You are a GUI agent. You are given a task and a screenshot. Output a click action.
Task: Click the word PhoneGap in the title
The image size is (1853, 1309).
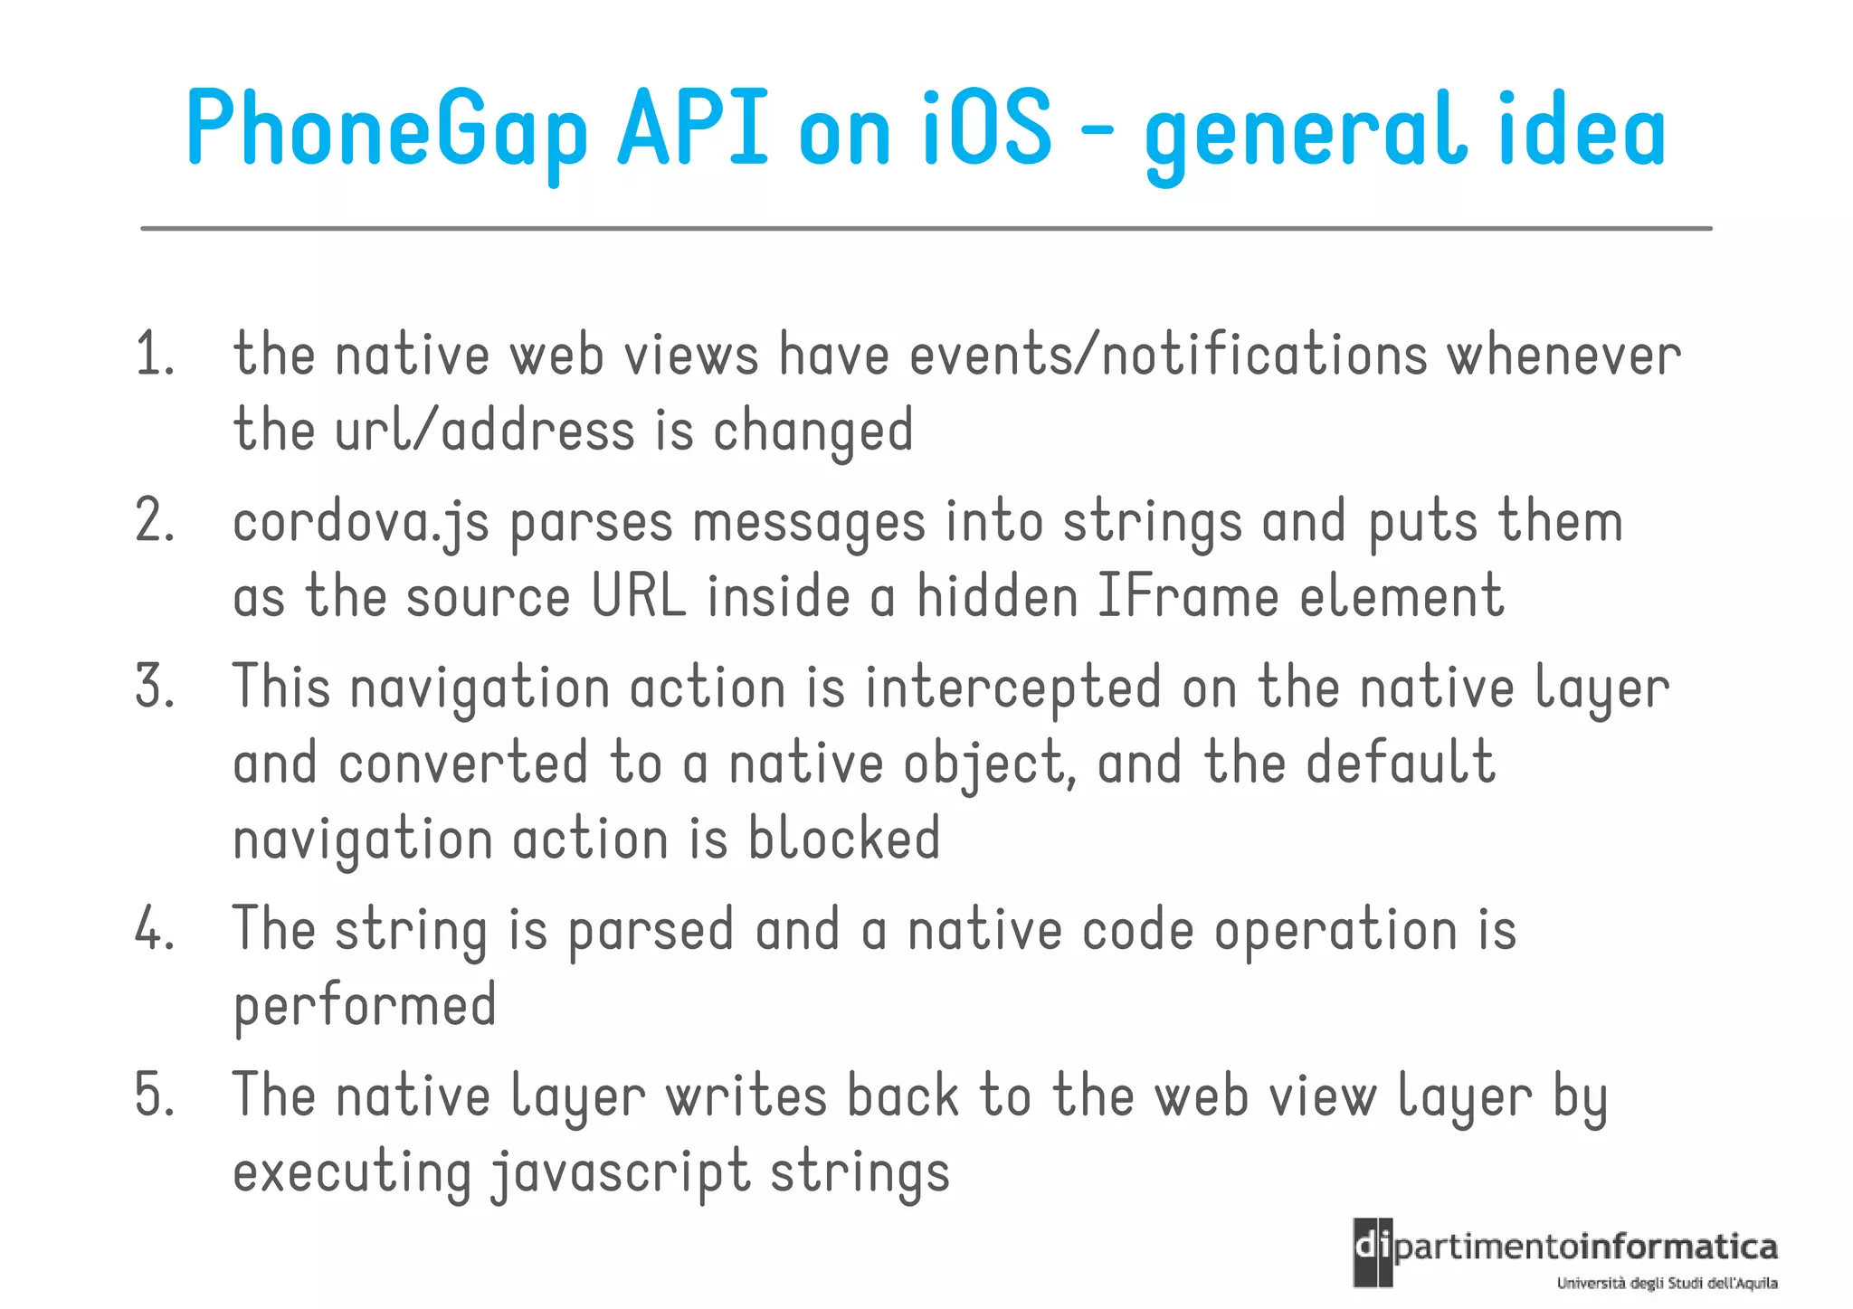(x=387, y=129)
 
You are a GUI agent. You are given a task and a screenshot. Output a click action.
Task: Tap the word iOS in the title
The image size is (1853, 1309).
(x=987, y=129)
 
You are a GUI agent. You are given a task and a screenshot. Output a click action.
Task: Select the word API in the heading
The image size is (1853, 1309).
(x=692, y=129)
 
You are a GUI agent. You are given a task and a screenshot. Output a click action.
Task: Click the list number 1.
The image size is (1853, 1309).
(x=154, y=354)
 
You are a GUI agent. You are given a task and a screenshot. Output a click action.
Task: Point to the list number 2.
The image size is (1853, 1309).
(x=155, y=521)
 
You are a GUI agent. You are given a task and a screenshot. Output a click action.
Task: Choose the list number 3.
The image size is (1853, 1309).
(x=155, y=687)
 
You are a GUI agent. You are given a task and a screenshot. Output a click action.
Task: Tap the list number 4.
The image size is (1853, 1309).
(x=155, y=929)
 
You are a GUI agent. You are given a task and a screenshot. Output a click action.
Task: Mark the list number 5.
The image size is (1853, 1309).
(x=155, y=1095)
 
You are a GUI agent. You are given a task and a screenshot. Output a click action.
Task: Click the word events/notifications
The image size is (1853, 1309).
(x=1168, y=354)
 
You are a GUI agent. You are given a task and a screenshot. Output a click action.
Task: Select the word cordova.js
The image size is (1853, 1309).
(x=361, y=523)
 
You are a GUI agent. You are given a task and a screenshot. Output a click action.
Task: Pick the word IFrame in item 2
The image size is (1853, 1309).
(x=1187, y=597)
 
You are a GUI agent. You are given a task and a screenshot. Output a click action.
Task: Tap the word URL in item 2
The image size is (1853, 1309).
(x=639, y=597)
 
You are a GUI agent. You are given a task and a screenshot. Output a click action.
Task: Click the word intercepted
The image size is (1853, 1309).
(x=1012, y=688)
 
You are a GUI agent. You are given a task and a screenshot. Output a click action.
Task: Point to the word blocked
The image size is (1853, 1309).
(x=844, y=838)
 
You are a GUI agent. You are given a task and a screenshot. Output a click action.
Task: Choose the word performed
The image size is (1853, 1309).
(x=365, y=1006)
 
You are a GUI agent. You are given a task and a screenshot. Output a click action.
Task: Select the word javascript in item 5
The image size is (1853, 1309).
(x=621, y=1172)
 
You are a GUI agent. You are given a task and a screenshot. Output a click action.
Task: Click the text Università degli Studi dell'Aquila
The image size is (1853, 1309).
(x=1667, y=1283)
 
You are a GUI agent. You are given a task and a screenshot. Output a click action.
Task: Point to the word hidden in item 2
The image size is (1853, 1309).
(x=997, y=597)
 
